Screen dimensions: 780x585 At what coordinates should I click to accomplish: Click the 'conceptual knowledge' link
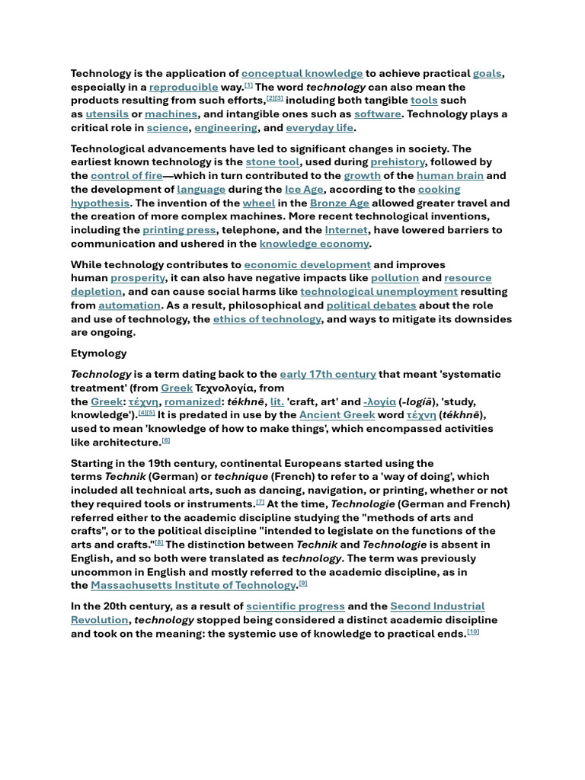pyautogui.click(x=302, y=74)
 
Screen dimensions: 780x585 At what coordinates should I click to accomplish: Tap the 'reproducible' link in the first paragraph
pyautogui.click(x=184, y=88)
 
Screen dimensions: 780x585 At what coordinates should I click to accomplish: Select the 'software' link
pyautogui.click(x=377, y=114)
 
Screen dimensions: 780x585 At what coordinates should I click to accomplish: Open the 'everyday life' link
pyautogui.click(x=319, y=128)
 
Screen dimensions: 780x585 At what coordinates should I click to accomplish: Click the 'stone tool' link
pyautogui.click(x=272, y=162)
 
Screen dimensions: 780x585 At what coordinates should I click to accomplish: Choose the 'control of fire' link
pyautogui.click(x=126, y=176)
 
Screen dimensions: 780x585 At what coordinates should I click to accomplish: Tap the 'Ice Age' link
pyautogui.click(x=304, y=190)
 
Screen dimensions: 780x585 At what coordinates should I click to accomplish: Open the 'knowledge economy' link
pyautogui.click(x=314, y=244)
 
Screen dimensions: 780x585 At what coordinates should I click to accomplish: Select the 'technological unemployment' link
pyautogui.click(x=379, y=292)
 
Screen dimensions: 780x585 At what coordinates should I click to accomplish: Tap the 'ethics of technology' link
pyautogui.click(x=267, y=319)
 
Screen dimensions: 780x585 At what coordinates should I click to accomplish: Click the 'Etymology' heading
pyautogui.click(x=99, y=353)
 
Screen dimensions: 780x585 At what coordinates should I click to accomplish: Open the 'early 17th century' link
pyautogui.click(x=328, y=374)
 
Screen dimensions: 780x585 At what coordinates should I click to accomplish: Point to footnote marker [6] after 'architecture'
pyautogui.click(x=166, y=440)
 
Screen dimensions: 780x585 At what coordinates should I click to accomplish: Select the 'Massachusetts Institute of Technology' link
pyautogui.click(x=193, y=585)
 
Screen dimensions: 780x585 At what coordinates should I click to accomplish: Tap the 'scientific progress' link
pyautogui.click(x=295, y=606)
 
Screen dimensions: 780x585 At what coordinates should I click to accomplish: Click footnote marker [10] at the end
pyautogui.click(x=473, y=631)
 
